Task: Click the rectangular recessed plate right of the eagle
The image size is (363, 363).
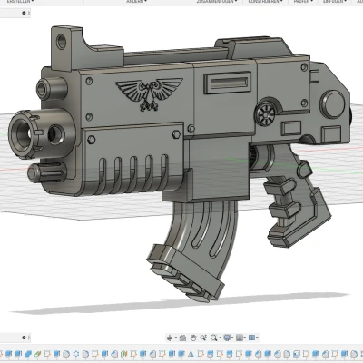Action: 219,85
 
